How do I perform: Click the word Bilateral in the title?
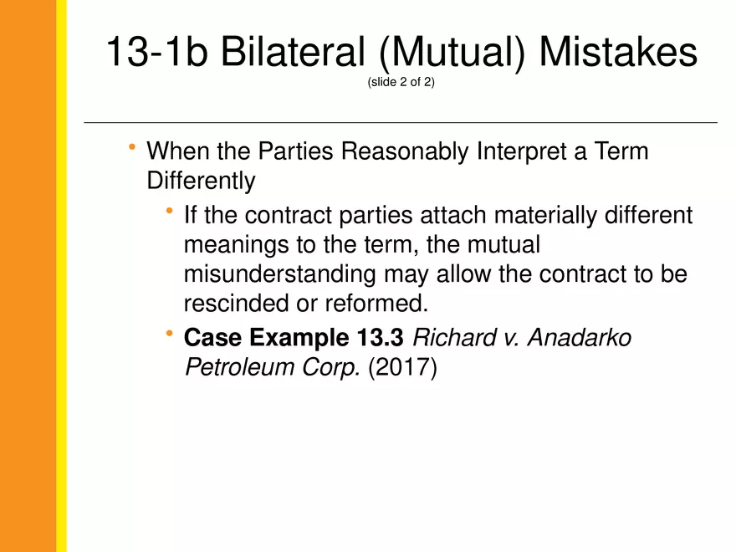(x=293, y=51)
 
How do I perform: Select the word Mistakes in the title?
(x=618, y=51)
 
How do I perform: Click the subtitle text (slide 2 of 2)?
(x=401, y=82)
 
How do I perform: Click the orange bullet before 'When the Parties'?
(x=132, y=147)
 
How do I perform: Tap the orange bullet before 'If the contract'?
(x=170, y=212)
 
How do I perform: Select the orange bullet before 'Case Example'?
(x=170, y=334)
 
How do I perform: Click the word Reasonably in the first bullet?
(x=405, y=152)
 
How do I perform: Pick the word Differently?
(x=201, y=181)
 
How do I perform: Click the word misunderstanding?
(x=279, y=274)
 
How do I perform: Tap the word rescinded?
(x=236, y=304)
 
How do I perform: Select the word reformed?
(x=376, y=304)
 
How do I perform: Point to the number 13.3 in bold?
(x=380, y=338)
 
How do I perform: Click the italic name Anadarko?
(x=580, y=338)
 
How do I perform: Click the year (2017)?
(x=403, y=367)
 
